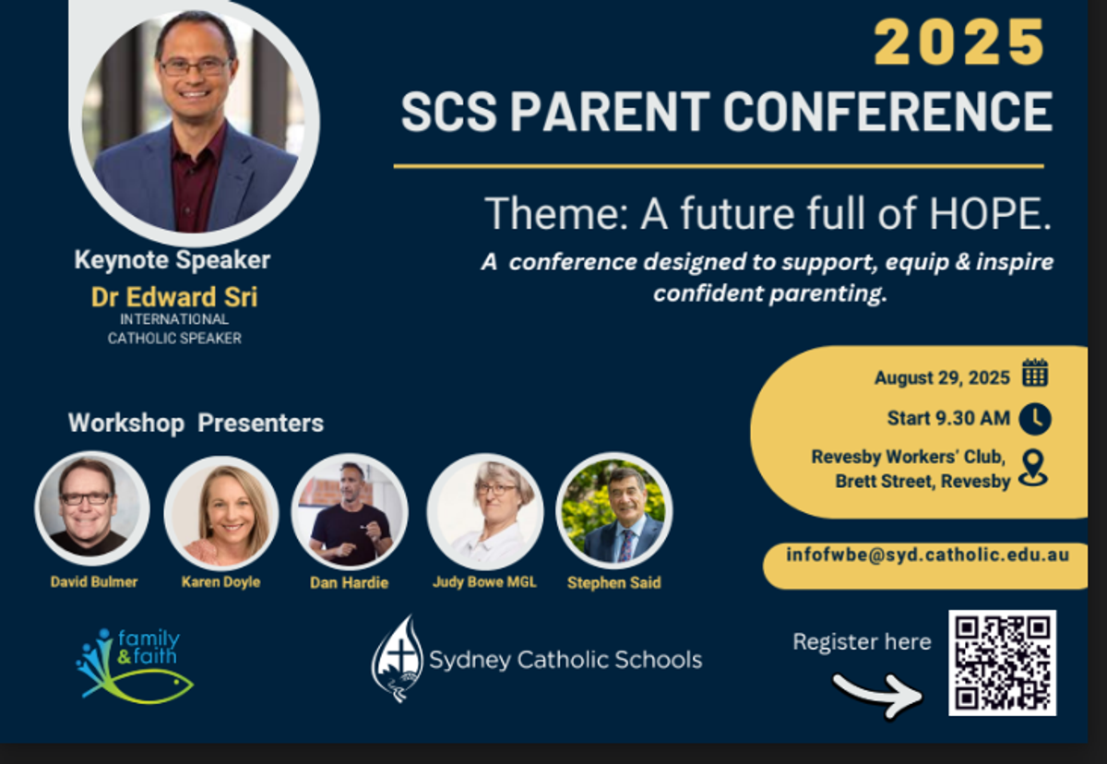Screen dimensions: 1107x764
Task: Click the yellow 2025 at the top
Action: click(x=959, y=42)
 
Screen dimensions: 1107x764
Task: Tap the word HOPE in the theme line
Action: click(x=990, y=213)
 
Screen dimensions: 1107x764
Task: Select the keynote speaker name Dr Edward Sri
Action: click(x=174, y=297)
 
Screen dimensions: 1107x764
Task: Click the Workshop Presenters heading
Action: click(x=196, y=423)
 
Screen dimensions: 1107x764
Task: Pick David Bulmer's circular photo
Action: click(x=92, y=508)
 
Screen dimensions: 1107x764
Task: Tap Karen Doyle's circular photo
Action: click(x=221, y=513)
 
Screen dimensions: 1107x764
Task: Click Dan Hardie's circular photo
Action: click(x=350, y=511)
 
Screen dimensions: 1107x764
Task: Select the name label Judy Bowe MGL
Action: click(x=484, y=582)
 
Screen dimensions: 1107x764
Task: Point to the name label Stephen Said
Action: click(x=613, y=583)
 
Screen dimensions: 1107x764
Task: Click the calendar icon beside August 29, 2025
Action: click(x=1035, y=372)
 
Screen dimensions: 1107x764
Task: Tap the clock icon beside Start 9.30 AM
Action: click(x=1035, y=419)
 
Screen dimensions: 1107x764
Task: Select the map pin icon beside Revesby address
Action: click(x=1033, y=468)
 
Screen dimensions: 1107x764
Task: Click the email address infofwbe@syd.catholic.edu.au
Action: click(x=928, y=555)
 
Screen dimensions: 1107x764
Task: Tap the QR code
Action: click(x=1002, y=663)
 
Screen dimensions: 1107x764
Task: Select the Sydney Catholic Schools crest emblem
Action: click(x=398, y=658)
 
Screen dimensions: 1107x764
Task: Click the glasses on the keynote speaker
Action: click(x=196, y=67)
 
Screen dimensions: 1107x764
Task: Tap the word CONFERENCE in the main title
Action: click(x=887, y=112)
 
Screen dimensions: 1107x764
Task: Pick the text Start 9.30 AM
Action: click(x=948, y=419)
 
